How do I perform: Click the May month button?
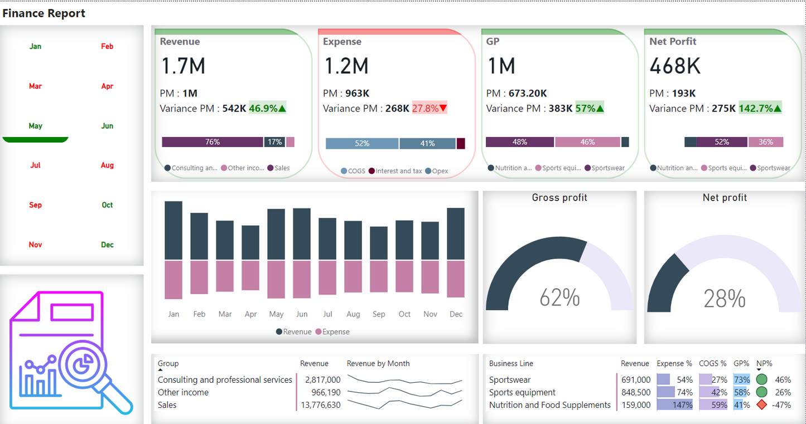coord(36,126)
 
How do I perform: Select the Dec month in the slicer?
coord(107,245)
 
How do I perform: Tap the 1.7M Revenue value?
coord(184,66)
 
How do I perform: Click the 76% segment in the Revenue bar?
coord(213,142)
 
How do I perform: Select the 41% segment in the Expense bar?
coord(427,143)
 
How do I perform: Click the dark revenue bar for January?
coord(173,230)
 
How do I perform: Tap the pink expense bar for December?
coord(456,279)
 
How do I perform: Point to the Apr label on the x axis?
coord(250,314)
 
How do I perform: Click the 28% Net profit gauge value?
coord(724,299)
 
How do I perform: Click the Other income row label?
coord(183,392)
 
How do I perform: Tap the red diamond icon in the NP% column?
coord(761,405)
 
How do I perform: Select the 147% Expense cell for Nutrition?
coord(682,405)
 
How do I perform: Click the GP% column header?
coord(741,363)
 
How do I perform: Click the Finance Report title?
coord(44,13)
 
